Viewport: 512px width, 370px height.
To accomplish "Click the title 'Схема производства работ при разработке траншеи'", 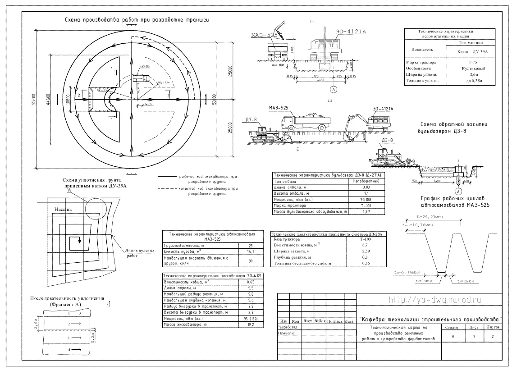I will click(137, 20).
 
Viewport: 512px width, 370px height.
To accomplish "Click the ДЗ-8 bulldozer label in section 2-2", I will click(252, 119).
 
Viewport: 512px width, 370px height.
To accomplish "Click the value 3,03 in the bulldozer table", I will click(366, 186).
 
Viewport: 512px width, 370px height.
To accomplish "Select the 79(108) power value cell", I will click(366, 199).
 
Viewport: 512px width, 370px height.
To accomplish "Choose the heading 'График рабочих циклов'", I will click(455, 198).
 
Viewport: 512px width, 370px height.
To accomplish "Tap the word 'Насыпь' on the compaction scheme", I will click(63, 210).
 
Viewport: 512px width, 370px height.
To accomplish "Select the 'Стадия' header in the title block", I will click(451, 328).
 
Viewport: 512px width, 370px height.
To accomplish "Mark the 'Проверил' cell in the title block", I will click(287, 334).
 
